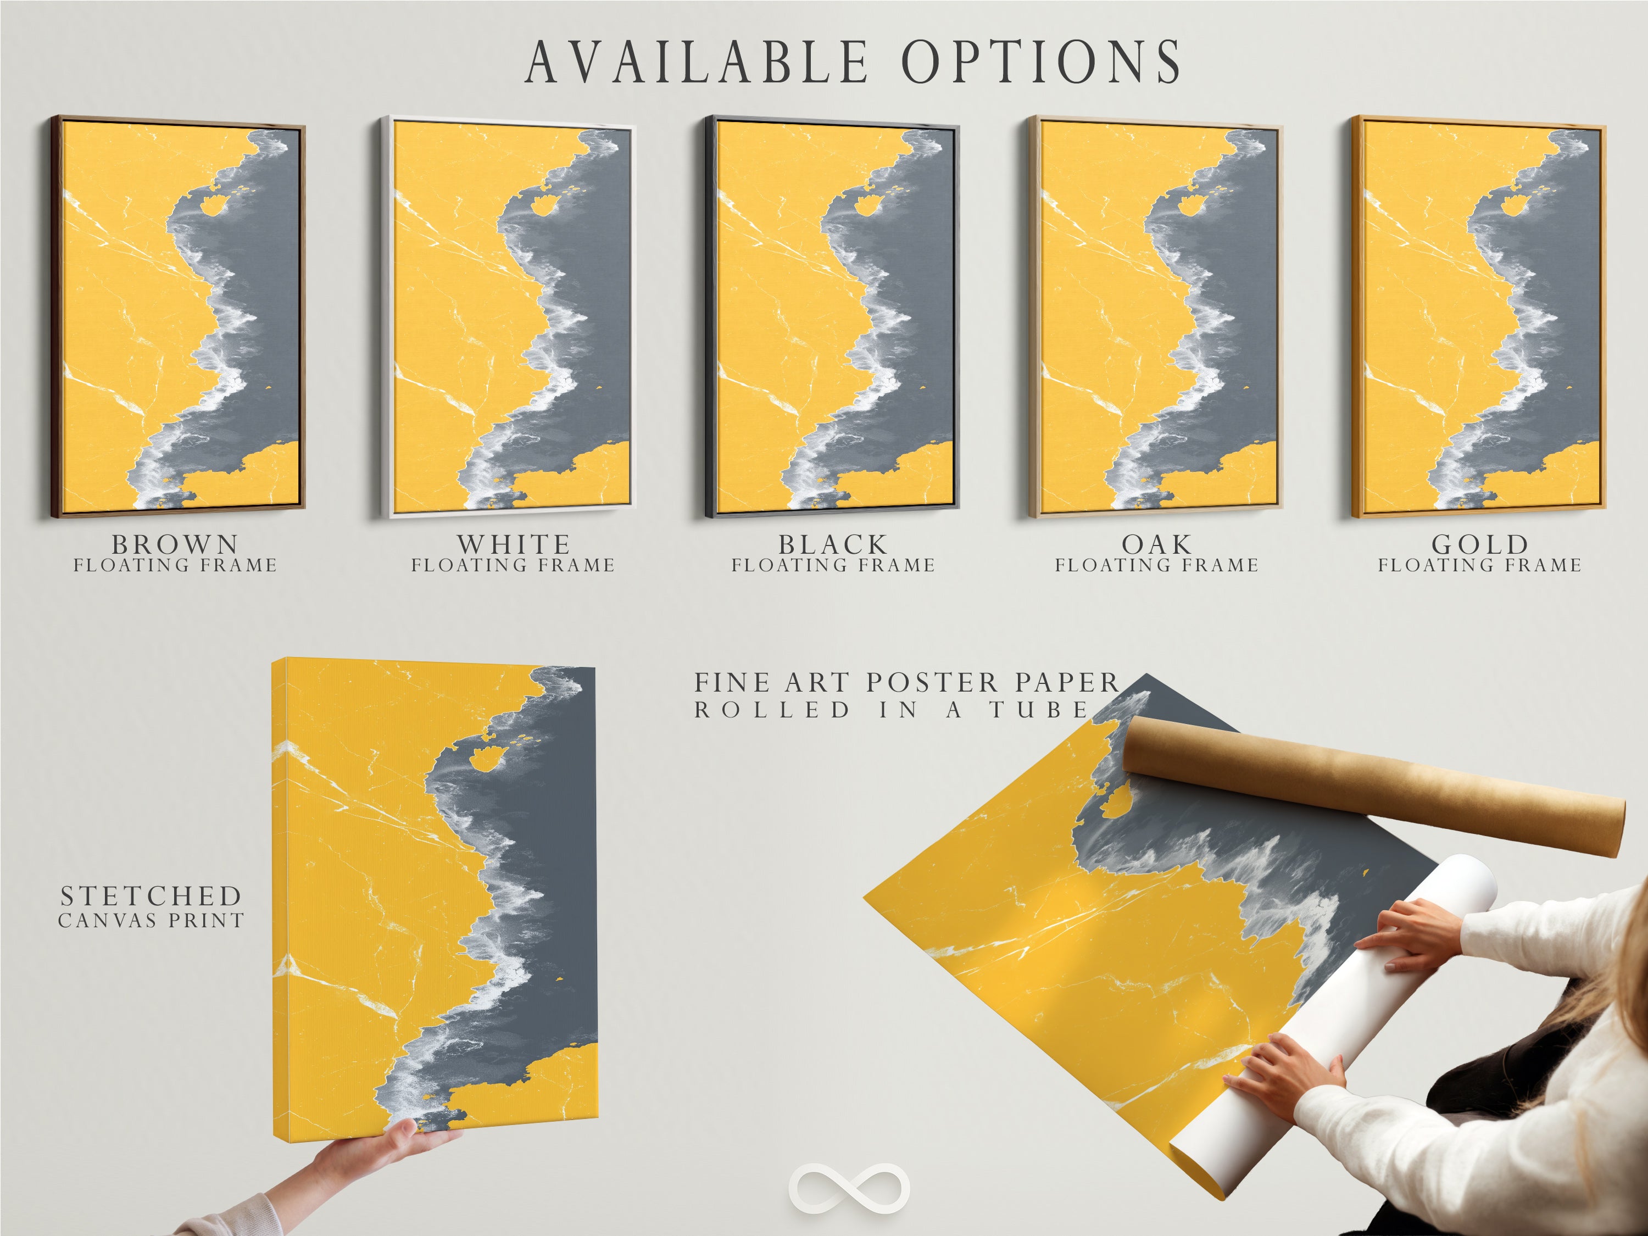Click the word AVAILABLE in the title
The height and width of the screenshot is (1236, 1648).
pos(697,62)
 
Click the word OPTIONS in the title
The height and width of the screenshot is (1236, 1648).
pos(1041,62)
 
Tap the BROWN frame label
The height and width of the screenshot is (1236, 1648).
pos(175,544)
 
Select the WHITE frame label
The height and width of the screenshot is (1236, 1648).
pos(514,544)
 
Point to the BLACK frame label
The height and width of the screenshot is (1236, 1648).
pos(833,544)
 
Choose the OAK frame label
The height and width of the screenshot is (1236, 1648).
pos(1157,544)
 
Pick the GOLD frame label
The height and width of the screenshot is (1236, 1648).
pos(1479,544)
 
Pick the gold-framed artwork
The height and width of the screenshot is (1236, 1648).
pos(1479,316)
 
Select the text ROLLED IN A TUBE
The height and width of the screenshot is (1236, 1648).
pos(892,710)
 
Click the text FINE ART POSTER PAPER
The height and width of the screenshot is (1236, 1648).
pos(907,682)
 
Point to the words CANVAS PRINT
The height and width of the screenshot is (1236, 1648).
pos(151,921)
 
